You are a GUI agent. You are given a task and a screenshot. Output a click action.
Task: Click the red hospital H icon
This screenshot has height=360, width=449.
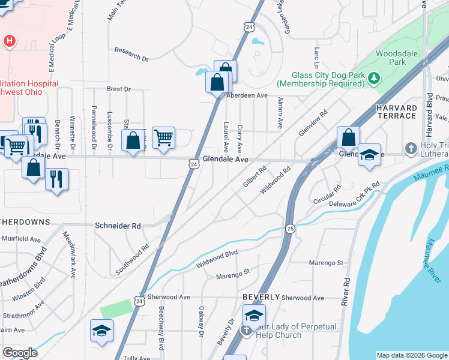[9, 41]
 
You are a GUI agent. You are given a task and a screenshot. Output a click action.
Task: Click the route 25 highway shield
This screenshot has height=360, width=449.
[290, 229]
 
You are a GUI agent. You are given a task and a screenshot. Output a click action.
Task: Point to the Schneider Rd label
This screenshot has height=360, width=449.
[118, 226]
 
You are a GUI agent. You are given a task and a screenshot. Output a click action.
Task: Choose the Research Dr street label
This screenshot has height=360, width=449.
[131, 55]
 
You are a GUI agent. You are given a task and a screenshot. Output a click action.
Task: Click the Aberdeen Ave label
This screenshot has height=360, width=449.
[247, 95]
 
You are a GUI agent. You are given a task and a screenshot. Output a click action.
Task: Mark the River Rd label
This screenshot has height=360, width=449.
[345, 292]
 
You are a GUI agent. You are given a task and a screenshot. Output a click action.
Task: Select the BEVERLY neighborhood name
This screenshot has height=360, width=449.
[261, 297]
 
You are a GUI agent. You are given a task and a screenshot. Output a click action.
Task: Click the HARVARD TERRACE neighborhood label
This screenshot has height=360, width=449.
[396, 112]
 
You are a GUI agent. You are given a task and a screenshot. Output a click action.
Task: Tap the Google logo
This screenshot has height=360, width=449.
[20, 353]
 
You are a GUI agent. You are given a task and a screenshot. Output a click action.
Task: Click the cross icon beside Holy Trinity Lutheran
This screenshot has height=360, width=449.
[411, 148]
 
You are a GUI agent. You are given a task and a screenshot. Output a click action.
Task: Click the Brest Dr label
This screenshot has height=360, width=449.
[118, 89]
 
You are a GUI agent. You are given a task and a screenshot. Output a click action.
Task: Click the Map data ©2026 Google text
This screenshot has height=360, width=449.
[411, 355]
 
